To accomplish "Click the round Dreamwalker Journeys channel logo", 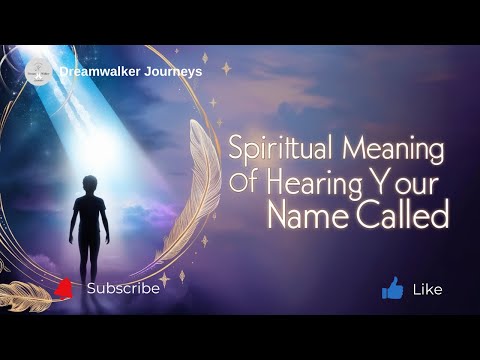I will pyautogui.click(x=39, y=71).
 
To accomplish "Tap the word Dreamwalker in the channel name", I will pyautogui.click(x=98, y=71).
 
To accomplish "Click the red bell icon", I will pyautogui.click(x=64, y=289).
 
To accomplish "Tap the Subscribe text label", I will pyautogui.click(x=123, y=288).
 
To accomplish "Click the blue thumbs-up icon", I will pyautogui.click(x=392, y=289).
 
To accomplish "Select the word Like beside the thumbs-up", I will pyautogui.click(x=427, y=290).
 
